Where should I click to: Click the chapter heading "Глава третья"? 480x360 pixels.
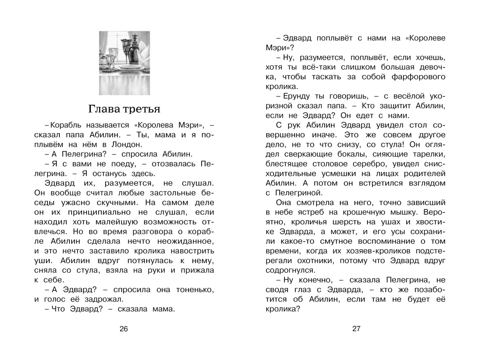click(124, 108)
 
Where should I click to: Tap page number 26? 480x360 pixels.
click(124, 329)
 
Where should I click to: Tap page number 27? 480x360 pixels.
click(356, 329)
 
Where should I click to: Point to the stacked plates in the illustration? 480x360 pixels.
click(127, 69)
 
